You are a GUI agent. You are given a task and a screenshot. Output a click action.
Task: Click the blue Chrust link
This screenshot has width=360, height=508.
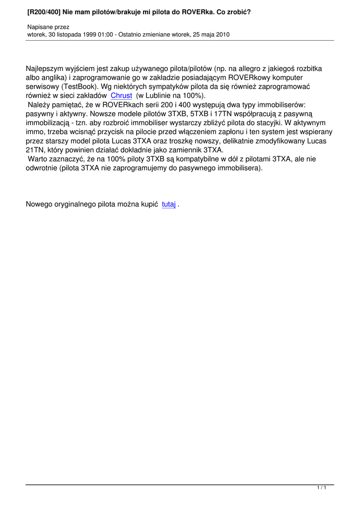pos(122,95)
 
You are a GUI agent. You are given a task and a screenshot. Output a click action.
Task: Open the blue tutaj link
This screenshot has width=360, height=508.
pos(169,204)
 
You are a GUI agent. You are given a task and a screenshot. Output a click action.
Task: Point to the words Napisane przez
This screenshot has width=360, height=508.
pos(48,27)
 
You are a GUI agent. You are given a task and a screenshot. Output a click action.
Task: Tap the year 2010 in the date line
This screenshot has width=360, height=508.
pos(222,34)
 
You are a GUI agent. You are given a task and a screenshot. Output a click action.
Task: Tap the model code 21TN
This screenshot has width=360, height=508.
pos(35,150)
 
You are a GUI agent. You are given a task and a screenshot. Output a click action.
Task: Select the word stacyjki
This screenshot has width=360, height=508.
pos(282,123)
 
